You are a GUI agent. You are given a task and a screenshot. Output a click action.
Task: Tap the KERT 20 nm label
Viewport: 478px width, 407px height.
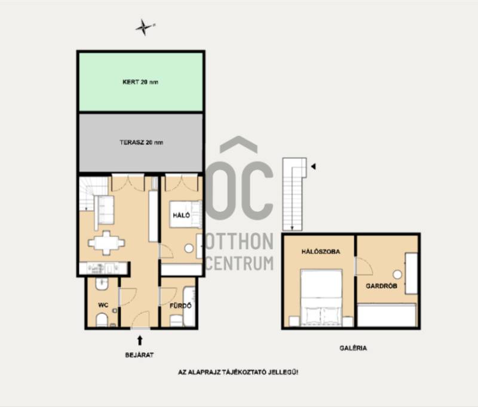[140, 82]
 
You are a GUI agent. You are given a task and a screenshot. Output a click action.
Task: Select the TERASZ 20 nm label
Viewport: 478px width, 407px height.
[141, 142]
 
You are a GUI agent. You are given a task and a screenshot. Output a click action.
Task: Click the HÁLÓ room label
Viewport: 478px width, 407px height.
[182, 215]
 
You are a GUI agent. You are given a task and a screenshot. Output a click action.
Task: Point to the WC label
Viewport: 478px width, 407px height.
[103, 305]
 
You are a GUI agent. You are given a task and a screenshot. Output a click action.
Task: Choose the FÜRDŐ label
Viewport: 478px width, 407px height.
[180, 306]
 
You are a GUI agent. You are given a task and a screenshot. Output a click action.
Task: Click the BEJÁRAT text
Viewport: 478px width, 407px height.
[139, 355]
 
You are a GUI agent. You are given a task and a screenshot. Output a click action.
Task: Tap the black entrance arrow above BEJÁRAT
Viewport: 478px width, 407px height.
[140, 340]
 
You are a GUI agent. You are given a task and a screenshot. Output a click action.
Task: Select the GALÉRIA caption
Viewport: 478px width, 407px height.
[353, 348]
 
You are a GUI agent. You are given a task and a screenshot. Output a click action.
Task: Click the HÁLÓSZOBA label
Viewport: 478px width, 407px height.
[321, 251]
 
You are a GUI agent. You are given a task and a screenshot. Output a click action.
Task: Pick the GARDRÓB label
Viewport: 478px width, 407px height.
[381, 286]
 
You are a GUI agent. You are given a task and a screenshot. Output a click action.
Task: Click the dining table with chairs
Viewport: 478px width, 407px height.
[106, 243]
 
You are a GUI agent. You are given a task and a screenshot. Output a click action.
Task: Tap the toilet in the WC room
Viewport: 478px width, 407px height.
[102, 320]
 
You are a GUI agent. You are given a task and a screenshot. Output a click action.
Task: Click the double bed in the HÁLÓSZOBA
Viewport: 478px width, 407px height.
[321, 297]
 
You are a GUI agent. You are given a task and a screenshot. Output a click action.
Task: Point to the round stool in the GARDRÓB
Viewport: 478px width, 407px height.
[397, 275]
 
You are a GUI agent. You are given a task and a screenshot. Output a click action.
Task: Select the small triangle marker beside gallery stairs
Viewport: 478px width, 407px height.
[313, 166]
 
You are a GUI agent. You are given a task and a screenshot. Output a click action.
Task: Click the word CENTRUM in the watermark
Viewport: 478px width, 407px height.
[240, 263]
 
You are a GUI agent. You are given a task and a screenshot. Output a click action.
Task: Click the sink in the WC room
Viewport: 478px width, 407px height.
[102, 283]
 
